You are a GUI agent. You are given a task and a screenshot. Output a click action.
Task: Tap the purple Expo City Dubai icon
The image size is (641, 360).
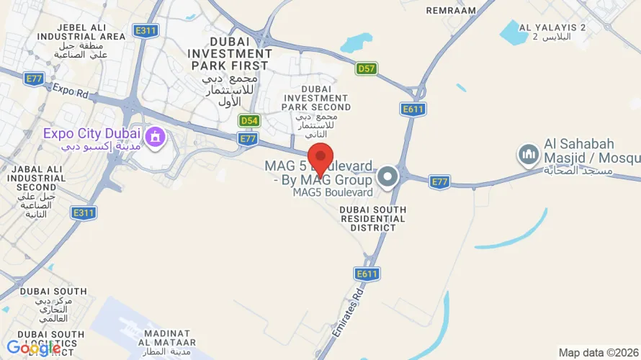coord(154,135)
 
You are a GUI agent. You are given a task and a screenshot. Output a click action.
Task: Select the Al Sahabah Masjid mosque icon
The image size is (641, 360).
coord(529,153)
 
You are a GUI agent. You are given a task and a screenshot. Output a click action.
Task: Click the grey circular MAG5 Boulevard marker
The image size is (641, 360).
coord(387,176)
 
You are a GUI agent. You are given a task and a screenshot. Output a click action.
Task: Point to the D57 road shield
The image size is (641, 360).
coord(367,68)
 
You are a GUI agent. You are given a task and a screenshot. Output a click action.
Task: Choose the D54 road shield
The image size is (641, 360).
coord(249,120)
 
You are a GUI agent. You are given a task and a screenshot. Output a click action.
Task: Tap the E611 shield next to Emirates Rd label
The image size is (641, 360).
coord(367,274)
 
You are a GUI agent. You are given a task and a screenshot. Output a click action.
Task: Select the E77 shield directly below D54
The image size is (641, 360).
coord(248,139)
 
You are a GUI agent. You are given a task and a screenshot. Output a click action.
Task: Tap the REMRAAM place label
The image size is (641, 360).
coord(451,11)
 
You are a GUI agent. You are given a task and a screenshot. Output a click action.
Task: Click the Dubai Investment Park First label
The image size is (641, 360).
coord(230,54)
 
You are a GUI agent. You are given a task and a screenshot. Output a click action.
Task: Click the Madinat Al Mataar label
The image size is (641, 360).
coord(167,338)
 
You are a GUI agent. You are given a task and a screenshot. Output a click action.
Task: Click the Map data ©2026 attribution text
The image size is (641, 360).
coord(598,352)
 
